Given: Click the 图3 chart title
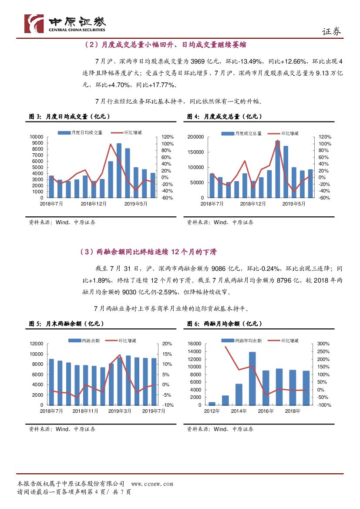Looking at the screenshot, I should (69, 117).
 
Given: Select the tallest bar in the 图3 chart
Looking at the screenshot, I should (119, 170).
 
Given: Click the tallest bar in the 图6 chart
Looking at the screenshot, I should (252, 378).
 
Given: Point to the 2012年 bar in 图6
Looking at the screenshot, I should (212, 403).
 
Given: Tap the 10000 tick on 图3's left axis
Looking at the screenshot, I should (37, 137).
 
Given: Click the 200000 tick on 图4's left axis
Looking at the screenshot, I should (195, 137).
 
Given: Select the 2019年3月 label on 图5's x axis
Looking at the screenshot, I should (120, 411).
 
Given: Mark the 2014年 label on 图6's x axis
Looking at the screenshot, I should (239, 411).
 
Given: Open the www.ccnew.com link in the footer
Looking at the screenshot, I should (152, 484).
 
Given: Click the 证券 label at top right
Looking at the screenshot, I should (332, 32).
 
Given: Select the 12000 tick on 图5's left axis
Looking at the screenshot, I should (37, 344).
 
